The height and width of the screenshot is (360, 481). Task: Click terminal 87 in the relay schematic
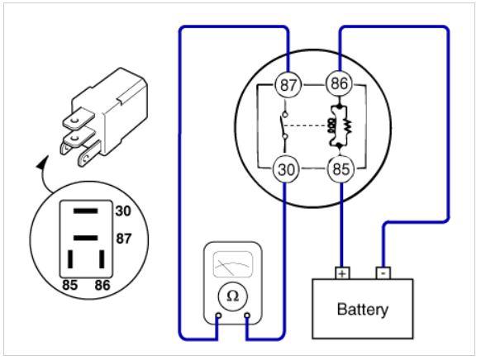click(x=288, y=84)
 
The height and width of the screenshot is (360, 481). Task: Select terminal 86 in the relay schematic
click(x=340, y=83)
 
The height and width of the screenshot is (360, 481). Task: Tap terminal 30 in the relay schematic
click(x=286, y=168)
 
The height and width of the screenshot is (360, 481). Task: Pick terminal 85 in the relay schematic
click(x=341, y=168)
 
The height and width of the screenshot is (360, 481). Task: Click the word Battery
click(x=363, y=310)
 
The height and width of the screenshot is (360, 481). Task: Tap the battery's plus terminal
click(x=342, y=273)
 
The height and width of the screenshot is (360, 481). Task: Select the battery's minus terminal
click(x=383, y=272)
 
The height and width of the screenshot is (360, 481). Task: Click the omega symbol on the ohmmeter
click(x=232, y=296)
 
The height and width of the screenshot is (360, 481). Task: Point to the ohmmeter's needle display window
click(x=233, y=264)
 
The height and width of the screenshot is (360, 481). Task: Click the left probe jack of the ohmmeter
click(x=218, y=315)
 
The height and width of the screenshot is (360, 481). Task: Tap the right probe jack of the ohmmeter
click(x=247, y=315)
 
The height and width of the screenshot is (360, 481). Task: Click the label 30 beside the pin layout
click(x=123, y=211)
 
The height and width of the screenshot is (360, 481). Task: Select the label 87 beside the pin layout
click(x=124, y=239)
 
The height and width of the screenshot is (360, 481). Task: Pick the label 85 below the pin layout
click(x=70, y=285)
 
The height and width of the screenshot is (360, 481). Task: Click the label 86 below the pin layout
click(x=102, y=285)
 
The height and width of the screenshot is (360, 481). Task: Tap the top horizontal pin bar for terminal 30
click(x=86, y=211)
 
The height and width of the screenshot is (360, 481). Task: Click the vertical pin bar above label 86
click(x=102, y=259)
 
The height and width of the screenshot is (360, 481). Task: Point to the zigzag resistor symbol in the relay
click(x=347, y=126)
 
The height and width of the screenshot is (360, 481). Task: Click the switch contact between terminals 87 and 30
click(x=284, y=126)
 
